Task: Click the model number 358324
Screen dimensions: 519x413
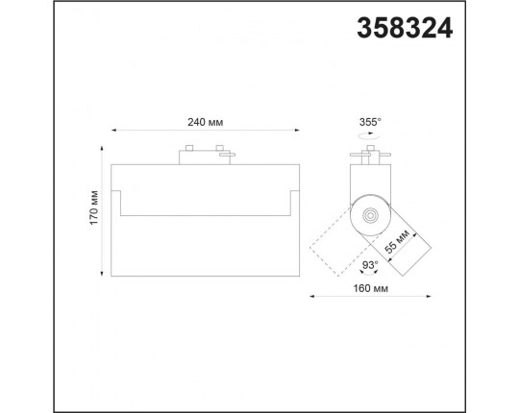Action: pos(405,29)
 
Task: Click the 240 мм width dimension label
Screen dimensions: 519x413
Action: pos(206,122)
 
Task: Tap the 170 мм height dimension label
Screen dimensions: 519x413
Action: pos(94,208)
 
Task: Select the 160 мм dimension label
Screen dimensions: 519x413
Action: pos(370,288)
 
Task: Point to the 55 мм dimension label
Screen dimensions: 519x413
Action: pos(398,241)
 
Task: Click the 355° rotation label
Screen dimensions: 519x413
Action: pos(370,122)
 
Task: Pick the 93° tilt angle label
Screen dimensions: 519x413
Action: pos(370,265)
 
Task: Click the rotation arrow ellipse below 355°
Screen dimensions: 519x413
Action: pos(370,134)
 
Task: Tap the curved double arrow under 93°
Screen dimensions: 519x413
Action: pos(369,273)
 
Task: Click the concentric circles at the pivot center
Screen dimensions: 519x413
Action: pos(370,215)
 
